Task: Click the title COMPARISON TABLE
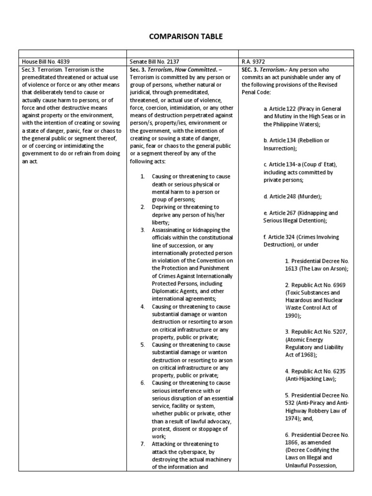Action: click(x=186, y=36)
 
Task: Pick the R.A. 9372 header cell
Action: click(x=254, y=62)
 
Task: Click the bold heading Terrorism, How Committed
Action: click(x=177, y=70)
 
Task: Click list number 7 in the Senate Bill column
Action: click(x=143, y=444)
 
